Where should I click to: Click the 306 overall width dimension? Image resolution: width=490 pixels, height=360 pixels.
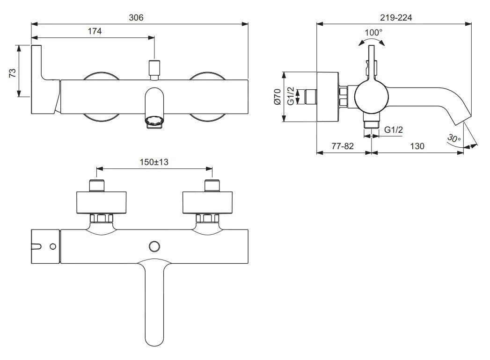coord(137,17)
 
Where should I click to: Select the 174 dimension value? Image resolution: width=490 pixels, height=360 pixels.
coord(94,31)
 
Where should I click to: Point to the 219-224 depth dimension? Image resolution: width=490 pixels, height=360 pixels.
coord(395,17)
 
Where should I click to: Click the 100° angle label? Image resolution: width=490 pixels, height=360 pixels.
coord(373,32)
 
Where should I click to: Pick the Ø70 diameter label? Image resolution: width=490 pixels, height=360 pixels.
coord(277,96)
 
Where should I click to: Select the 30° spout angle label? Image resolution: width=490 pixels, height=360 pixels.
coord(453,138)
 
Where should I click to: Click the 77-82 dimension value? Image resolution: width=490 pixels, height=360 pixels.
coord(343,146)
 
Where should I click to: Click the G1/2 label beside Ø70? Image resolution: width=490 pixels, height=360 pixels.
coord(291,96)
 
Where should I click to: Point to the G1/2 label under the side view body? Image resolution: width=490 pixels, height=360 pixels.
coord(393,130)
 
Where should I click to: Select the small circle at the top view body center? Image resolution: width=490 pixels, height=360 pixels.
coord(154,246)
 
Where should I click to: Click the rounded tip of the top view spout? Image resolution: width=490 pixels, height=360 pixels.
coord(154,339)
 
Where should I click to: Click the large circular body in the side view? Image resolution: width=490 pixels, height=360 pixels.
coord(371,96)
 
